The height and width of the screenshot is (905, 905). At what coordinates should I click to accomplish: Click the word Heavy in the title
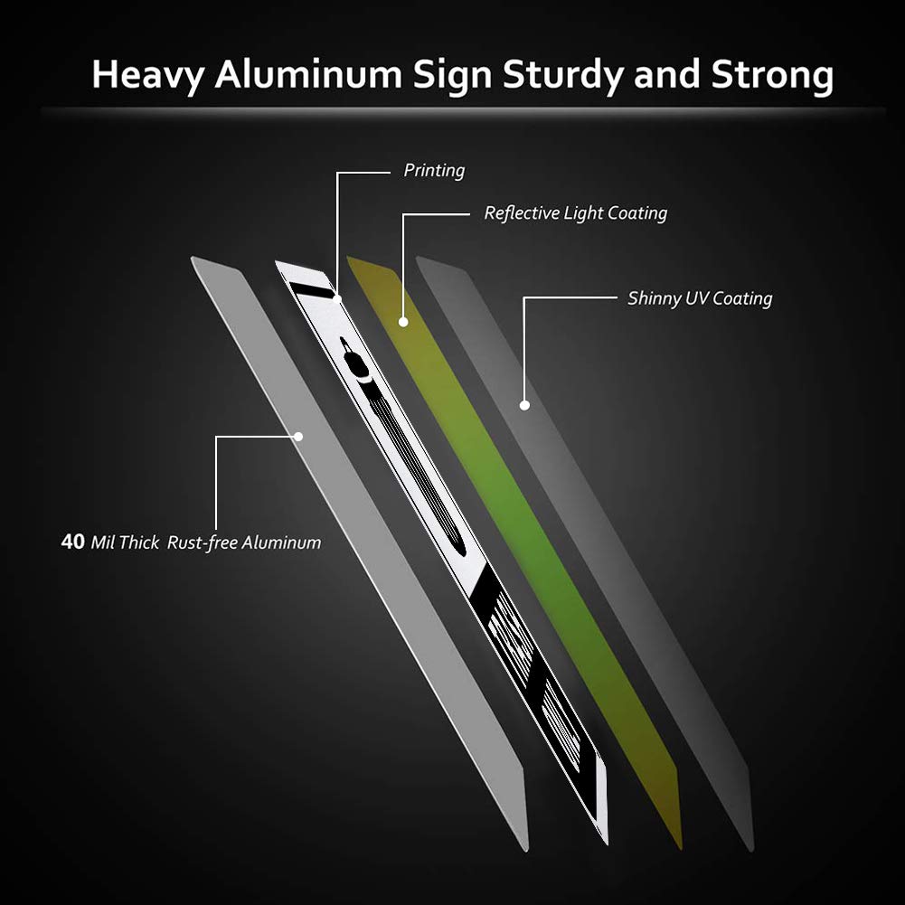[x=148, y=75]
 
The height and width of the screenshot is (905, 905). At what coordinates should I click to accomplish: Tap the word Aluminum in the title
[x=307, y=74]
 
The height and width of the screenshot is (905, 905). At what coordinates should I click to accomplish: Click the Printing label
[x=434, y=170]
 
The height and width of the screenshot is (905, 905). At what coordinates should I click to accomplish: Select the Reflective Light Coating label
[x=575, y=213]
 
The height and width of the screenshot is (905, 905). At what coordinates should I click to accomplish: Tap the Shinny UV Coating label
[x=700, y=298]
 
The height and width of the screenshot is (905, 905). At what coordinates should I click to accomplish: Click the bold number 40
[x=72, y=542]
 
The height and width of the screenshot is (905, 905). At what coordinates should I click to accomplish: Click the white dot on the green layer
[x=403, y=322]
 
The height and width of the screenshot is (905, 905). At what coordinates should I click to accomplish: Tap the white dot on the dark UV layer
[x=524, y=405]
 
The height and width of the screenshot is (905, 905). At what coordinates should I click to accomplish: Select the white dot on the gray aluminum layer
[x=298, y=437]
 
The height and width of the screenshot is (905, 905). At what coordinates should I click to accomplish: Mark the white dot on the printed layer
[x=337, y=299]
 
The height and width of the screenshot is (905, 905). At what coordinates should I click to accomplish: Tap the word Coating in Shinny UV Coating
[x=742, y=299]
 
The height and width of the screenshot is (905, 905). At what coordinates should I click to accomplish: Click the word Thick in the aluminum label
[x=139, y=542]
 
